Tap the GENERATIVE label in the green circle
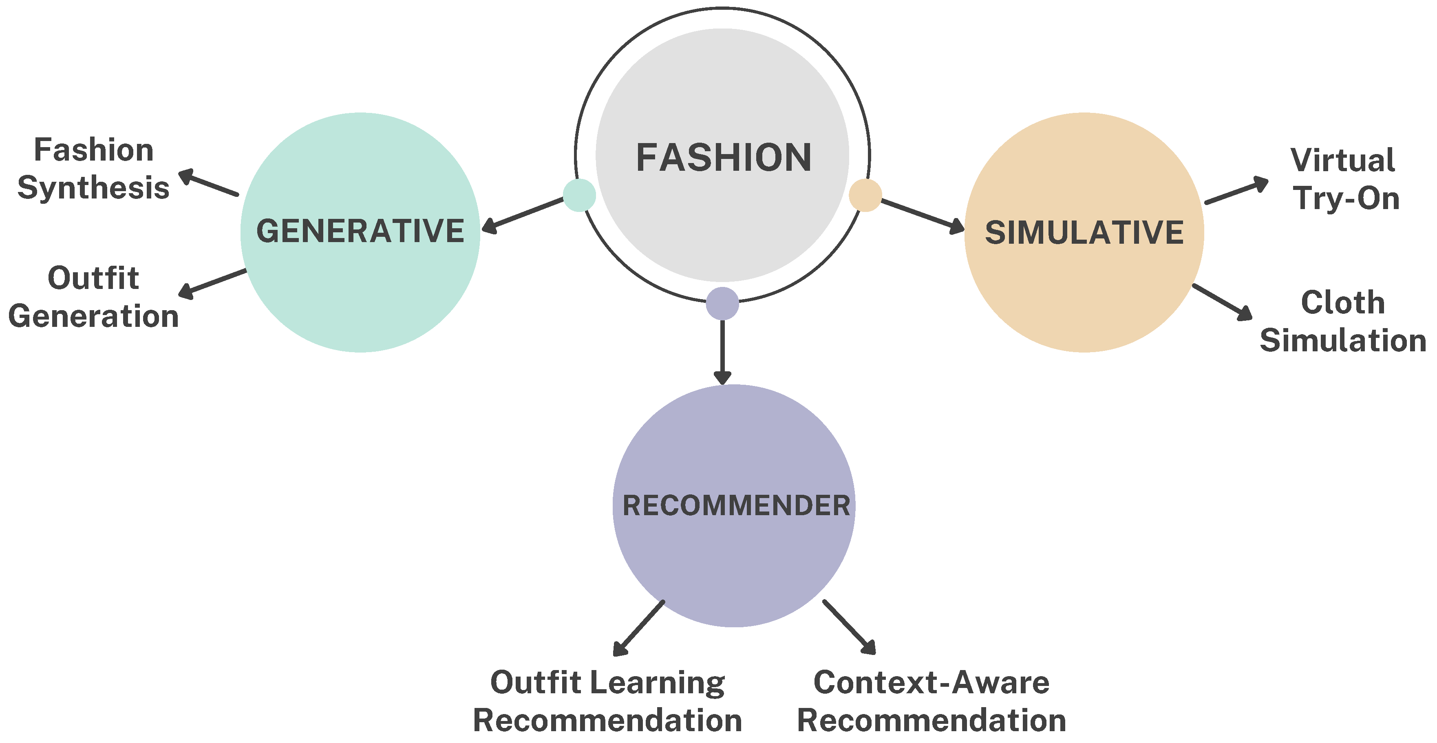360,231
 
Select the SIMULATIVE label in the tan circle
1084,233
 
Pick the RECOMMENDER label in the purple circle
736,505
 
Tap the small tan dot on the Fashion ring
865,195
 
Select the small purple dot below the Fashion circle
722,304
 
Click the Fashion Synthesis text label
94,168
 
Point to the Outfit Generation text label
94,297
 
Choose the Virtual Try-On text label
1344,180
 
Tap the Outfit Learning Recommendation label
607,701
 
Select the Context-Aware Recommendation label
932,701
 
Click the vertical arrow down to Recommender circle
722,351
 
